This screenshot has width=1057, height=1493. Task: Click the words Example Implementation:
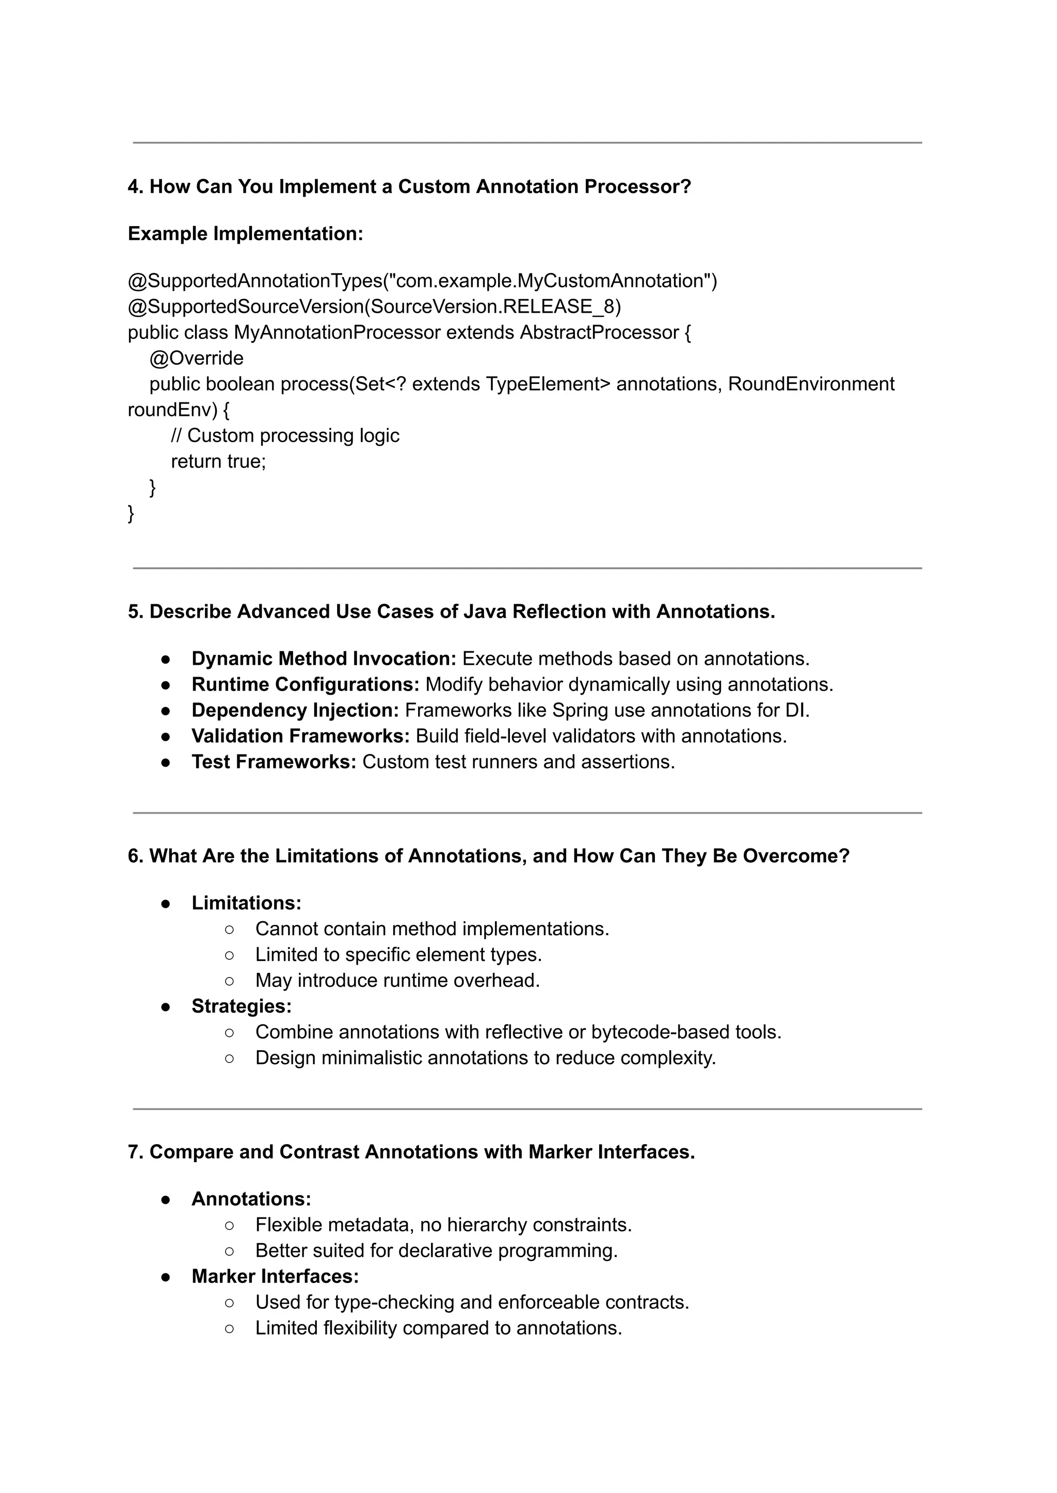(245, 234)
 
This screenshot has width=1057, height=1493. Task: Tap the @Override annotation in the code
(196, 359)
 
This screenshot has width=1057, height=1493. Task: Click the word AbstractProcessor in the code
(599, 332)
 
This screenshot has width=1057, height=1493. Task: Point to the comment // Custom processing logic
(284, 436)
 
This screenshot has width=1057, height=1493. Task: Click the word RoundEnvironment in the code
(810, 384)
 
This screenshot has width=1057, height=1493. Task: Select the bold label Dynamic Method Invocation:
(324, 659)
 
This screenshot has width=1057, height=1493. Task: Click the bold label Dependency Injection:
(295, 710)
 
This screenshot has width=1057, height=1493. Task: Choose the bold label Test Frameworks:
(274, 762)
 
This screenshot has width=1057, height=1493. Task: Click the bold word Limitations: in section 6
(246, 903)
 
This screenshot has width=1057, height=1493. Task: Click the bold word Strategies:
(242, 1006)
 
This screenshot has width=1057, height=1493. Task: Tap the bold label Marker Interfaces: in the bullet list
(275, 1276)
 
